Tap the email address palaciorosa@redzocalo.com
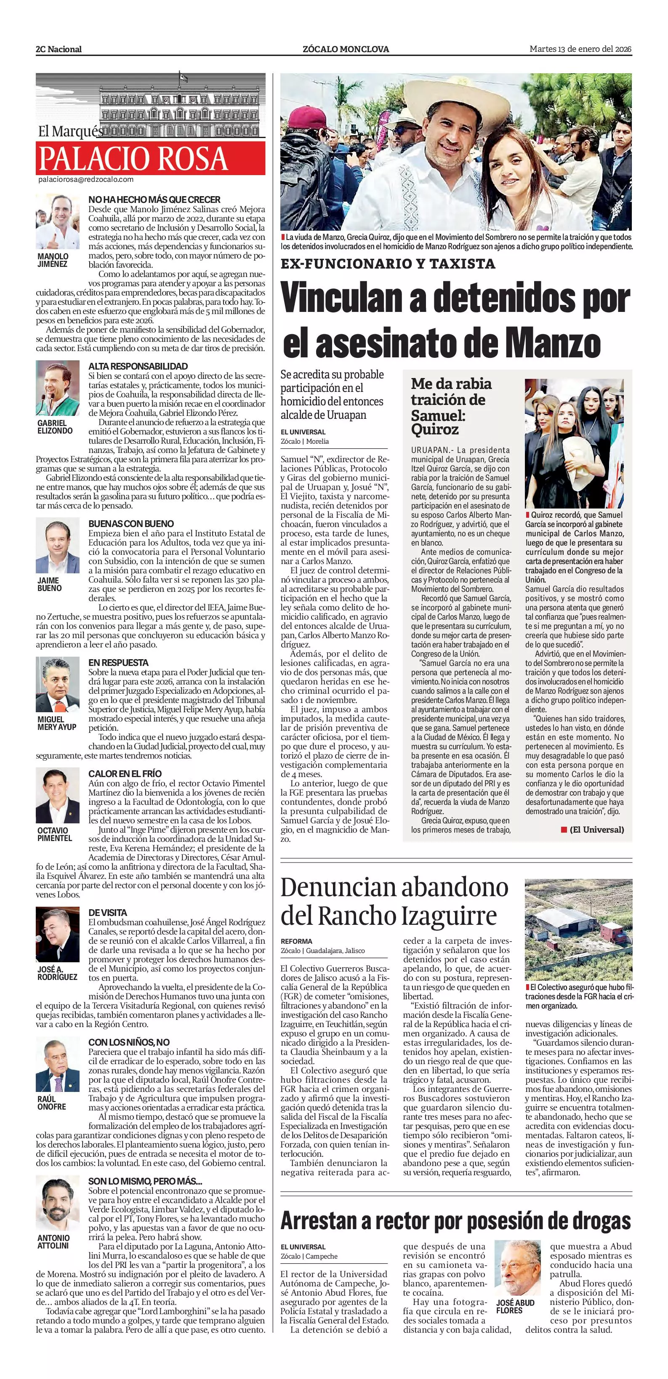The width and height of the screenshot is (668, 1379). [85, 180]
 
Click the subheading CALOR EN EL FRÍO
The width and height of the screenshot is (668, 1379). [125, 774]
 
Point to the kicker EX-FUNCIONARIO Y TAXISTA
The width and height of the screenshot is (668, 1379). [388, 264]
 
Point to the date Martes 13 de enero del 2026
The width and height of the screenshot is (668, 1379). [580, 49]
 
